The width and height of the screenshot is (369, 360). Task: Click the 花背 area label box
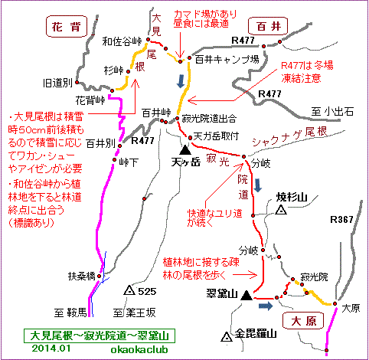67,26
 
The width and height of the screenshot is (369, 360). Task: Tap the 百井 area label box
268,26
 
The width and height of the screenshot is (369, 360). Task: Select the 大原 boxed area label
303,321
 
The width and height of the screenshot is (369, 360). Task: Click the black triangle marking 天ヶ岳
185,150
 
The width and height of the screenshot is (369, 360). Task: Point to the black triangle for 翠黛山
247,295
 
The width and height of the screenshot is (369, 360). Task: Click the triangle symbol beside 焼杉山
281,210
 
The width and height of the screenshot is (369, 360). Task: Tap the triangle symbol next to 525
129,290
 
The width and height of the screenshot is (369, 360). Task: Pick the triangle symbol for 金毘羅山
227,336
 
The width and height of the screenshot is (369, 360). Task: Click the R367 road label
341,219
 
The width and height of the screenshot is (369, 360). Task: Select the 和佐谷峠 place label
122,41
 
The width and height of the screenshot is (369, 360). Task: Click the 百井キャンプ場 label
227,60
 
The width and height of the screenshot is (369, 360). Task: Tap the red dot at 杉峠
129,71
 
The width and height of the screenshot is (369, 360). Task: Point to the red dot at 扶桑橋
100,276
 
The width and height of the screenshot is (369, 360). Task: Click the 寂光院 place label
314,277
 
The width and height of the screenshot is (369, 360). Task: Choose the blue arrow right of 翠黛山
266,306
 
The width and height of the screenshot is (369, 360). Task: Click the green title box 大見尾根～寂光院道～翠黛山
100,336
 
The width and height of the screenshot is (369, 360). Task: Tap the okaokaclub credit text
139,349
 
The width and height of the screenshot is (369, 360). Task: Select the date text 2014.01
51,349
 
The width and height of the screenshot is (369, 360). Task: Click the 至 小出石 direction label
332,112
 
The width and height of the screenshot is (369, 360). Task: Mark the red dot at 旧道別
77,83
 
